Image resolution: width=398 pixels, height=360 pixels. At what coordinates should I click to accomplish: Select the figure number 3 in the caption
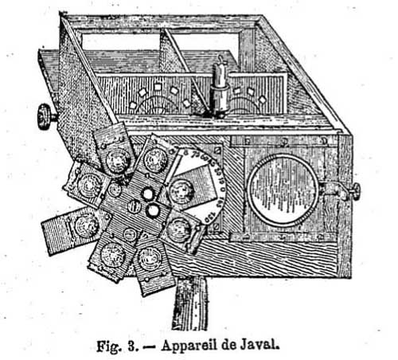tap(132, 346)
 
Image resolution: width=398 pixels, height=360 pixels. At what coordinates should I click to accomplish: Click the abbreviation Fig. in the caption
tap(108, 346)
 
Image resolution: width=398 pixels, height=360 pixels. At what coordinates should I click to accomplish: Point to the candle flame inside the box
tap(221, 60)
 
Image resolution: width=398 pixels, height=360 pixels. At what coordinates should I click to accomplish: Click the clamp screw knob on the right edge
tap(355, 191)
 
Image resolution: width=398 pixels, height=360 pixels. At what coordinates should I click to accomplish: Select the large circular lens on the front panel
tap(283, 190)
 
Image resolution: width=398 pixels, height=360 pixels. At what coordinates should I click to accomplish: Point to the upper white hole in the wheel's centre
tap(147, 194)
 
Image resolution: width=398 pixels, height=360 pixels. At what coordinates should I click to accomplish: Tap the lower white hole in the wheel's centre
tap(153, 210)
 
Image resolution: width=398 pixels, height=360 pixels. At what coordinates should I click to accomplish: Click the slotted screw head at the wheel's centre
tap(134, 206)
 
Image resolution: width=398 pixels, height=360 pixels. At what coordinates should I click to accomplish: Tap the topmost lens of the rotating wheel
tap(118, 161)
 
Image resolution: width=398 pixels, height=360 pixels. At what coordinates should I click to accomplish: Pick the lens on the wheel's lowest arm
tap(150, 259)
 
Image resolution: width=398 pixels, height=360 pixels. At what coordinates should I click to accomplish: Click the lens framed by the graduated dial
tap(181, 192)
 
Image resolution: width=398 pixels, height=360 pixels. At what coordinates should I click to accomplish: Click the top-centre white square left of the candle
tap(158, 87)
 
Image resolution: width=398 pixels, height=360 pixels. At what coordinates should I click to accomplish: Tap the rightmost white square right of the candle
tap(263, 100)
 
